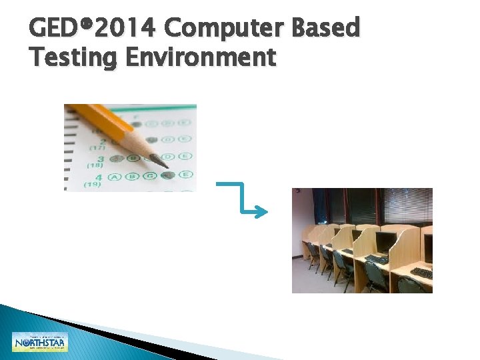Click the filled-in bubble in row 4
167,175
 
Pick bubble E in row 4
185,175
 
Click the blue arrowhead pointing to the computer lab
262,212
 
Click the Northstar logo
40,342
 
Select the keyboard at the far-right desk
421,273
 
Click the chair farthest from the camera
311,250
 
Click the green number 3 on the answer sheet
100,159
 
